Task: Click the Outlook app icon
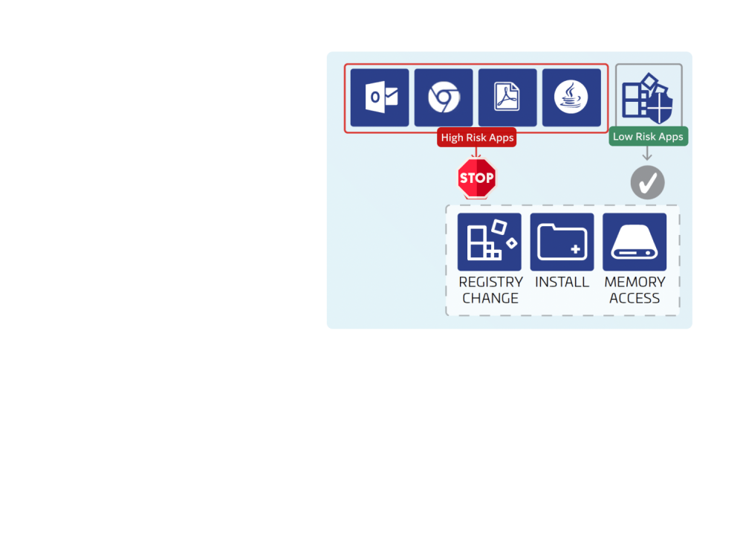coord(380,97)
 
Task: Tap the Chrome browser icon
coord(444,97)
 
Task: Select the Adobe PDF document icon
coord(507,97)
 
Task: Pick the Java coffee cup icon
coord(571,97)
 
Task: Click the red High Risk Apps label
coord(477,138)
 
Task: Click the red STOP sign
coord(476,178)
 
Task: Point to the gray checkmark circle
coord(648,182)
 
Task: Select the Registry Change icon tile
coord(490,242)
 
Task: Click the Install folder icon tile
coord(562,242)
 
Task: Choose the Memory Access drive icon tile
coord(635,242)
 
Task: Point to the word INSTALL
coord(562,283)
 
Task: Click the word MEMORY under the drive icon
coord(635,283)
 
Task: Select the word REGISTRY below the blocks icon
coord(490,283)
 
